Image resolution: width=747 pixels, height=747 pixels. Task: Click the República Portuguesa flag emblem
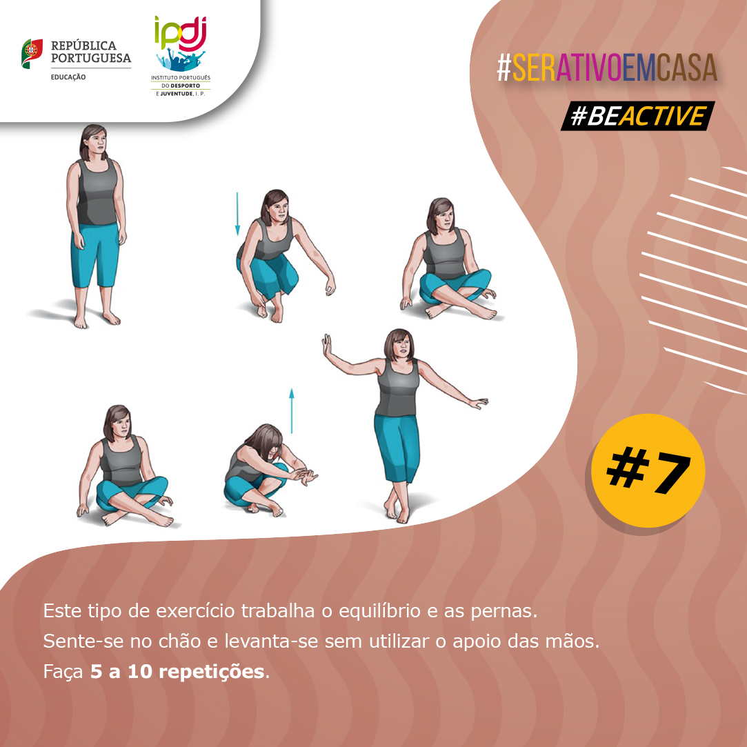[x=32, y=53]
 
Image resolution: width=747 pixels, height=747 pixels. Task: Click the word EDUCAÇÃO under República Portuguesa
[x=68, y=77]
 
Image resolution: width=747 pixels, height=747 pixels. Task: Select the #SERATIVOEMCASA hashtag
[x=607, y=68]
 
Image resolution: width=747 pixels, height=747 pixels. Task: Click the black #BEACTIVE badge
[x=638, y=116]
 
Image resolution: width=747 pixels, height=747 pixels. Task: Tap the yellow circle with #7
[x=648, y=470]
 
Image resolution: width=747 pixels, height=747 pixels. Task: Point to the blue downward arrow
[x=237, y=214]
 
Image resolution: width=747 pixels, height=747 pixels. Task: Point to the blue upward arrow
[x=292, y=410]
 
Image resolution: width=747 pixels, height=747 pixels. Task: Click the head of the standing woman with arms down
[x=93, y=142]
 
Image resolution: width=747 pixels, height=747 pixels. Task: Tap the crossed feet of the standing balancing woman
[x=397, y=510]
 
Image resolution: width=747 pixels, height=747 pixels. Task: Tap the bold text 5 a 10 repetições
[x=177, y=672]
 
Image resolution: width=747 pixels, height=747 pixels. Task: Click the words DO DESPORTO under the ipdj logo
[x=181, y=86]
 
